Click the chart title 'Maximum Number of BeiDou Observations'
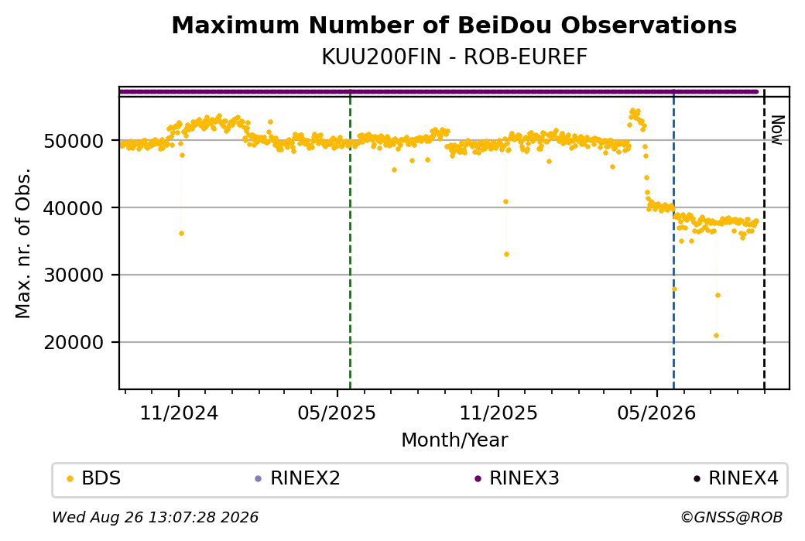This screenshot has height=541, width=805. pos(454,25)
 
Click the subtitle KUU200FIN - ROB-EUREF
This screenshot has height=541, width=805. pos(454,57)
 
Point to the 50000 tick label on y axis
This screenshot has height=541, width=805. pos(74,141)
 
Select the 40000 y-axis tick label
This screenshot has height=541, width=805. pos(74,208)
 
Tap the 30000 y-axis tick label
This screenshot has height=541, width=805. pos(74,275)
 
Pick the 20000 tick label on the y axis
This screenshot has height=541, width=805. pos(74,342)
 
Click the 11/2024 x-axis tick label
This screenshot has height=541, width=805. pos(179,413)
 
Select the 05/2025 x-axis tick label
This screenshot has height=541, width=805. pos(337,413)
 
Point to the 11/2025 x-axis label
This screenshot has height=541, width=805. pos(498,413)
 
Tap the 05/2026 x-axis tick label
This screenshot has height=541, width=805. pos(656,413)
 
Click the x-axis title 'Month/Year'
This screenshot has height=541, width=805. pos(454,440)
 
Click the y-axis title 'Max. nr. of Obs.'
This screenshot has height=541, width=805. pos(23,243)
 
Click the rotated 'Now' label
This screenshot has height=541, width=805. pos(778,130)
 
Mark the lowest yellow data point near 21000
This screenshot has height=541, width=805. pos(716,336)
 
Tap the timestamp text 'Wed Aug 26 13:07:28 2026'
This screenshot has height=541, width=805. pos(156,517)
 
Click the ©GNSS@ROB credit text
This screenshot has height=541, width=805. pos(731,517)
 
